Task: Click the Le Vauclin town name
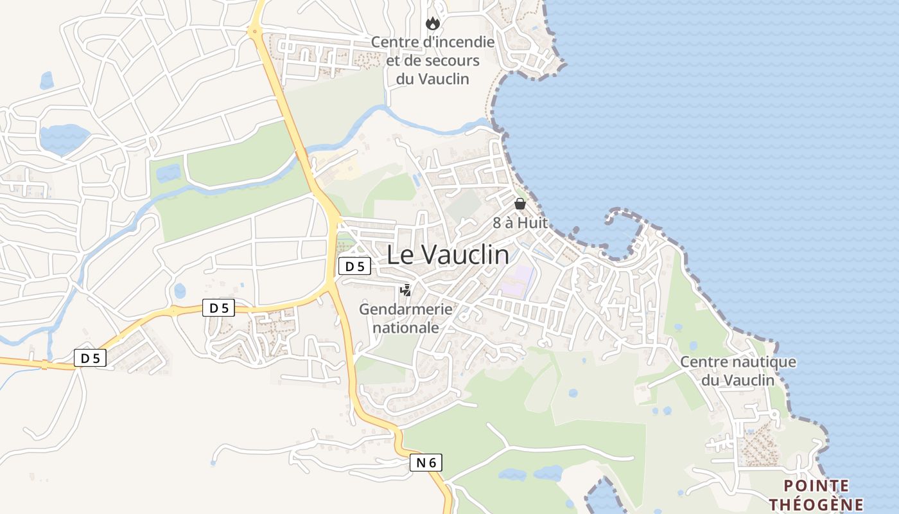448,255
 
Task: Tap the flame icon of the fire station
433,24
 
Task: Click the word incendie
457,42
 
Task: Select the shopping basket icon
520,204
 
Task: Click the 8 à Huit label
520,223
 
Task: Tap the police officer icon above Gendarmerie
405,290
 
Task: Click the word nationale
406,328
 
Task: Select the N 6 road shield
426,462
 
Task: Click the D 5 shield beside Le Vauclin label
354,266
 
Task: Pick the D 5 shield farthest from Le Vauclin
90,358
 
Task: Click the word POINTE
816,486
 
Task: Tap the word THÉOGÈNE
816,504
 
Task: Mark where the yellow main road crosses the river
301,153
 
